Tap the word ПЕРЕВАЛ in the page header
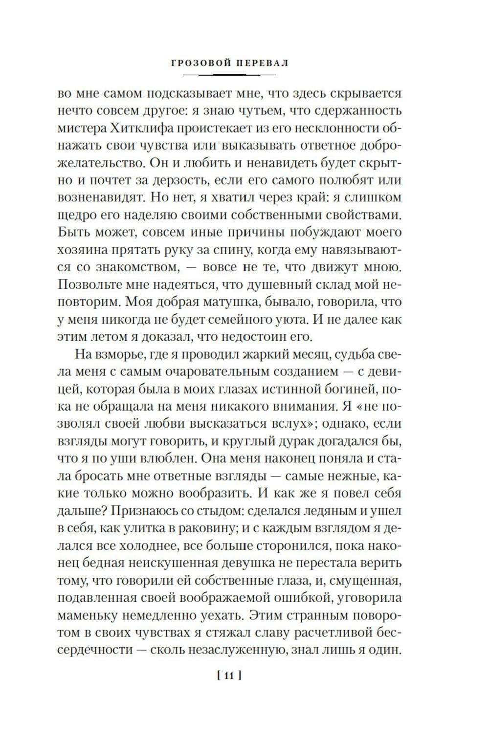coord(259,63)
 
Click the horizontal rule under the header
coord(229,75)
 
